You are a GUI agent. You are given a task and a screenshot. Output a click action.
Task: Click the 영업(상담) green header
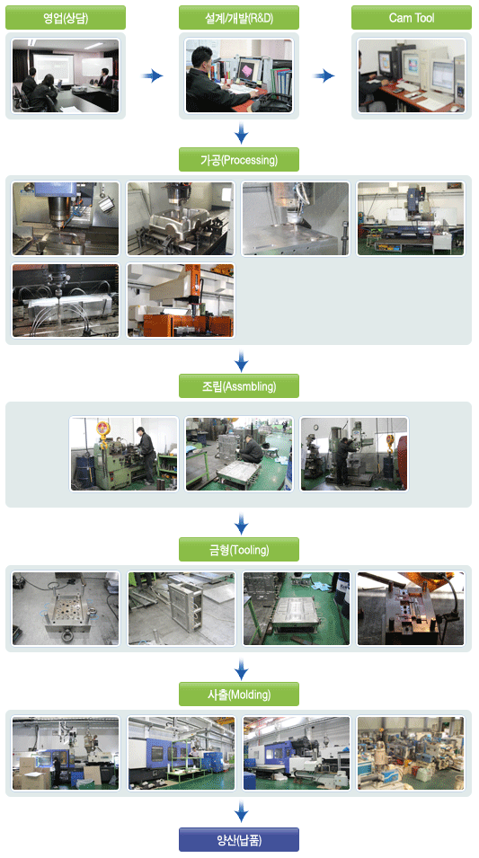click(x=66, y=17)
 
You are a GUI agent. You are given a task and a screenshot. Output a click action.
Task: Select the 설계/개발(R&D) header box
click(x=239, y=17)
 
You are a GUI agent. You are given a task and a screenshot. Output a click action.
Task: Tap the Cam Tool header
click(x=411, y=17)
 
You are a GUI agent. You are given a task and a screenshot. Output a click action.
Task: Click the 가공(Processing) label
click(x=239, y=160)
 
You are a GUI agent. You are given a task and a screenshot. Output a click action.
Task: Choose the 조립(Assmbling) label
click(x=239, y=385)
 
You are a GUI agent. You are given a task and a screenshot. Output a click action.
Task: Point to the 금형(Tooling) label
click(x=239, y=549)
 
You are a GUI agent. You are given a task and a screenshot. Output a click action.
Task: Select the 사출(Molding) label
click(x=239, y=694)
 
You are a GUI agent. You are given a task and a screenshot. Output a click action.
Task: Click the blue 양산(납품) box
click(x=239, y=839)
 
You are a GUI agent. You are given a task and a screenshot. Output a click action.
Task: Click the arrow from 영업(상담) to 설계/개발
click(x=153, y=75)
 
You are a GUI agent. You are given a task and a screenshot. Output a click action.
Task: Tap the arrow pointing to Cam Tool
click(x=324, y=75)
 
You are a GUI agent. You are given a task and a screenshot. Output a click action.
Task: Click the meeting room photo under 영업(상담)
click(x=66, y=75)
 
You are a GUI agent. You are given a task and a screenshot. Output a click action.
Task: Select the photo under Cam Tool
click(x=411, y=75)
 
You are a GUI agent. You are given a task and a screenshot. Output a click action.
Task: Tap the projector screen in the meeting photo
click(x=52, y=68)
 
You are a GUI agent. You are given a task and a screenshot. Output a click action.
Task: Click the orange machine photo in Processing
click(x=181, y=300)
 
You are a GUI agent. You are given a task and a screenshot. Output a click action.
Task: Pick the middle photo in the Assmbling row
click(x=239, y=454)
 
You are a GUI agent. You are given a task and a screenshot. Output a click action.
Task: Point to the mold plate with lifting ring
click(x=66, y=608)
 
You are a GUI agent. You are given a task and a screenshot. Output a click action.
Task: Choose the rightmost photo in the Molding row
click(x=411, y=754)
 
